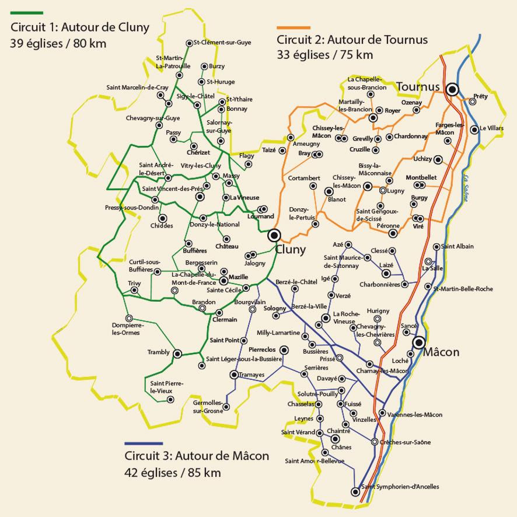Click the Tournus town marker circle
452,89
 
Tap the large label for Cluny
292,249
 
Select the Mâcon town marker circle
418,343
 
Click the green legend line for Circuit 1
26,12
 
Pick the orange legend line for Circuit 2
294,27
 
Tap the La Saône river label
465,186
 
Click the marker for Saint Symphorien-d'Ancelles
355,492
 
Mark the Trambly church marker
177,353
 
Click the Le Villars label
491,129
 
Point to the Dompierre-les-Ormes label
127,329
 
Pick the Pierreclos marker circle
284,350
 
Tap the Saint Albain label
457,246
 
